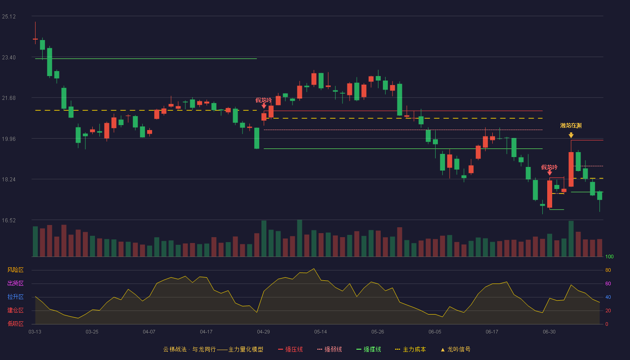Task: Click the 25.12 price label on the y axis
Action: point(9,17)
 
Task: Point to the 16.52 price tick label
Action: point(9,220)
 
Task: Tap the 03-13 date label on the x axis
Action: point(35,332)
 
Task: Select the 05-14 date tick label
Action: point(320,332)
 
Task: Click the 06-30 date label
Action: point(549,332)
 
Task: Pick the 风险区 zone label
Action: point(15,270)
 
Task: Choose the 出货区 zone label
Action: point(15,283)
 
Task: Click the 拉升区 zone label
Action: point(15,297)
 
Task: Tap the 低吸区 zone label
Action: point(15,324)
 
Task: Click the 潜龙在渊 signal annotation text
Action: point(571,126)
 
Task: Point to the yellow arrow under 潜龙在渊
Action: point(571,135)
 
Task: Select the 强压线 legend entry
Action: point(290,349)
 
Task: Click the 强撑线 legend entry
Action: point(369,349)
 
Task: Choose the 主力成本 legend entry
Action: point(410,349)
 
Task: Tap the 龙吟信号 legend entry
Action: point(455,349)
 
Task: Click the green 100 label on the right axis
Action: point(609,256)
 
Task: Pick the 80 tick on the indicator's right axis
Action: point(608,270)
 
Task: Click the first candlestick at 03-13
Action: point(35,39)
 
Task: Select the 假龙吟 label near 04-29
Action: point(264,100)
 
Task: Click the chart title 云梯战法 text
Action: point(175,349)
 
